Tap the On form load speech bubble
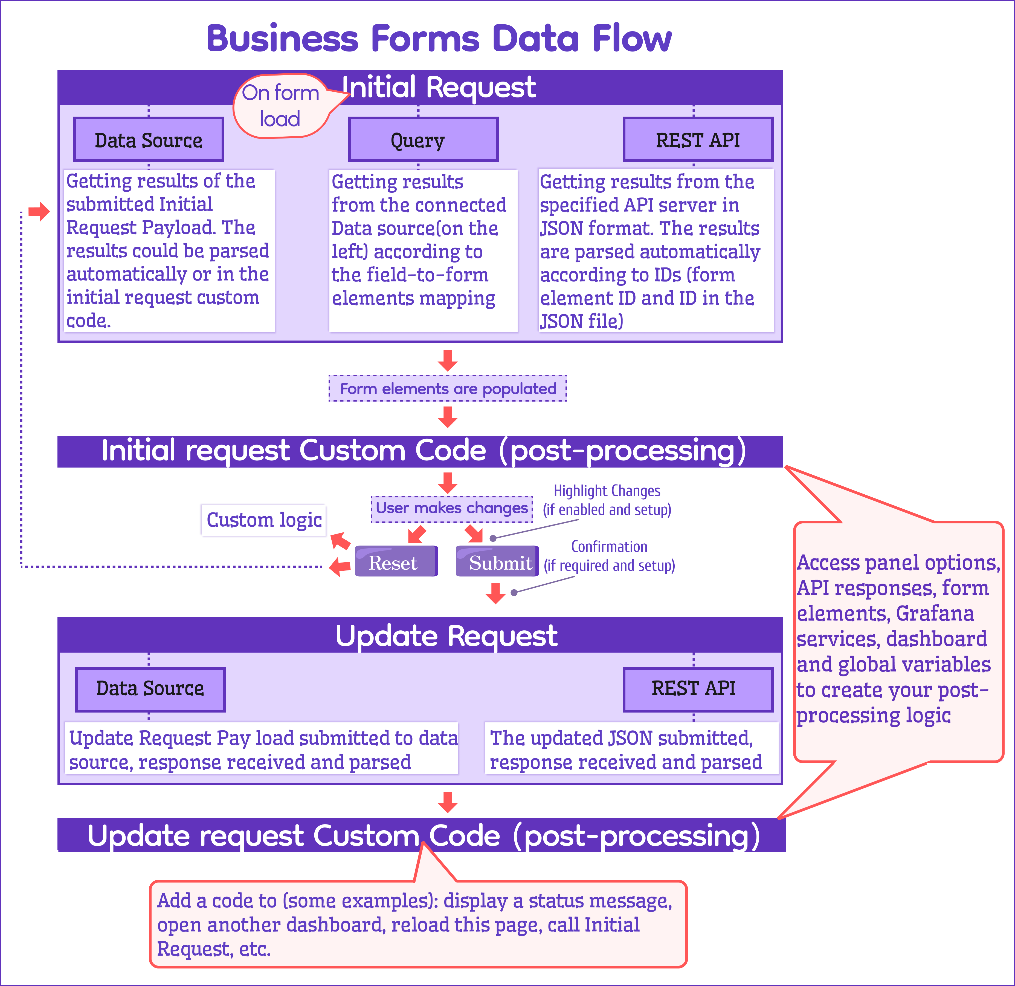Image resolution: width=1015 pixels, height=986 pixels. coord(280,106)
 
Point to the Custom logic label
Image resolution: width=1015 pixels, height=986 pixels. coord(263,520)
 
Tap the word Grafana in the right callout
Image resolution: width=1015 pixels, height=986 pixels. coord(935,613)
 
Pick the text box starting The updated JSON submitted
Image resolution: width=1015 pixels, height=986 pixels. coord(631,749)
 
